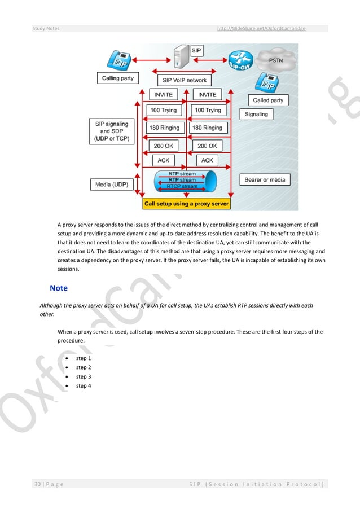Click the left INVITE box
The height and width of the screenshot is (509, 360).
(x=163, y=94)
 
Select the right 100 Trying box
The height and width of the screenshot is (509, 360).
(x=207, y=110)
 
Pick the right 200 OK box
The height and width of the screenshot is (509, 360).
(x=207, y=146)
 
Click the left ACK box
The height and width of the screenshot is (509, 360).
(x=163, y=160)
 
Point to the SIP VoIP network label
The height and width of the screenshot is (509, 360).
(x=185, y=80)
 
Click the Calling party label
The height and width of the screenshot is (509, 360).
(x=118, y=78)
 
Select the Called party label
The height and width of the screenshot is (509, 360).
(x=268, y=100)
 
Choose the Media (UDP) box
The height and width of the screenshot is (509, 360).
(x=110, y=184)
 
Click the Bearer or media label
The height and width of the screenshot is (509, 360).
(x=265, y=180)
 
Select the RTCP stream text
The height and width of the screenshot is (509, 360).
(x=182, y=186)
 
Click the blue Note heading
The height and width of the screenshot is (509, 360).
(x=58, y=288)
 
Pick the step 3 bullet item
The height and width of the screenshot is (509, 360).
(x=83, y=376)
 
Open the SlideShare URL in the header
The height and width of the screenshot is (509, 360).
(x=261, y=28)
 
